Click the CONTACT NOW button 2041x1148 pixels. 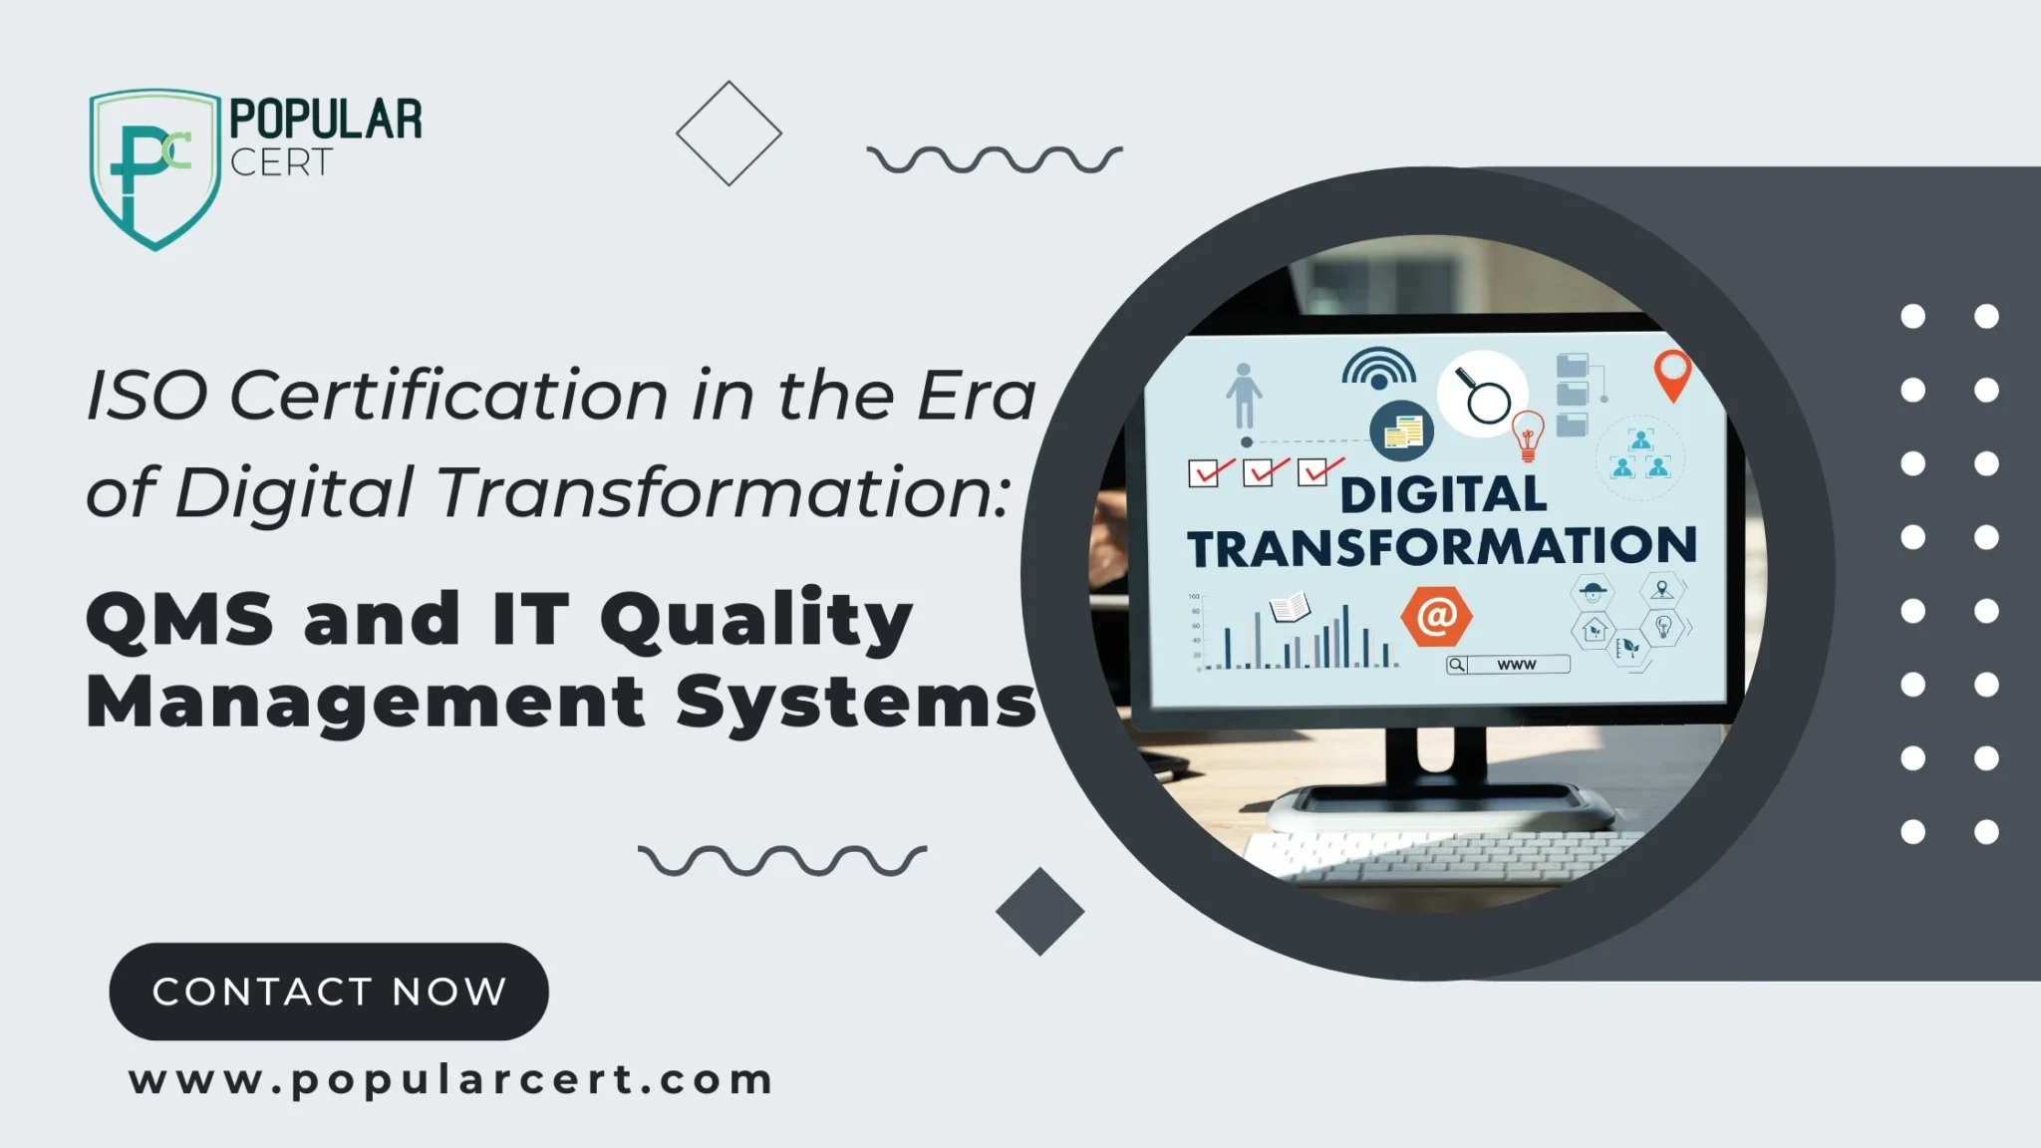tap(329, 992)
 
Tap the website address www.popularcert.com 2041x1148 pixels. tap(451, 1080)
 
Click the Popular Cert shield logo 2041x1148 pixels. tap(154, 168)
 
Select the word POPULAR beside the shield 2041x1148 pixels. tap(326, 120)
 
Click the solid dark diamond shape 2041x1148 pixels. tap(1039, 912)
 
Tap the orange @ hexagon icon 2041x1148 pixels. tap(1436, 617)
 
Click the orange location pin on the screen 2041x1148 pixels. tap(1673, 375)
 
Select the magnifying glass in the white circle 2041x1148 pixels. tap(1483, 395)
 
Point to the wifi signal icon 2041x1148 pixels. tap(1378, 368)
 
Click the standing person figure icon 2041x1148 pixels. tap(1244, 396)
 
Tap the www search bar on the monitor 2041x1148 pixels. tap(1508, 665)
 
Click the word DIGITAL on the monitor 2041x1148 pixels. tap(1443, 495)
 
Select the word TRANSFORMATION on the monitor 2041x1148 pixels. tap(1441, 547)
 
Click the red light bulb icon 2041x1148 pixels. tap(1528, 436)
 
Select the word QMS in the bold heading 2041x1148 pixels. tap(179, 619)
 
